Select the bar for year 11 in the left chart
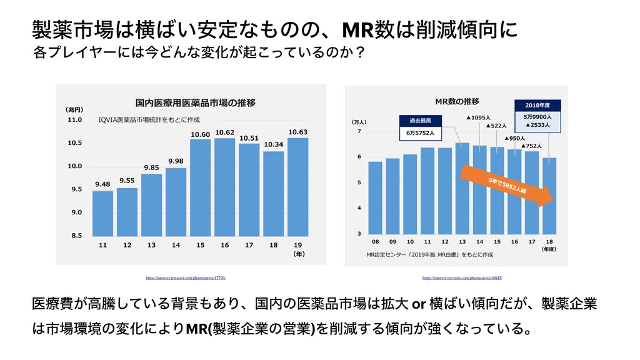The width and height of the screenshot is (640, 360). point(102,213)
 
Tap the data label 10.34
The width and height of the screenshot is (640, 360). point(273,144)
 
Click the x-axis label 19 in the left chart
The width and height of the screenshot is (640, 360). point(297,245)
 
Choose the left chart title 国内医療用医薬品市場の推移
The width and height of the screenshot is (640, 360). point(196,101)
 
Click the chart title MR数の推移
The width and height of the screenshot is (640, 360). point(457,101)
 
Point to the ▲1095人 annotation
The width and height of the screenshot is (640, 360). point(479,117)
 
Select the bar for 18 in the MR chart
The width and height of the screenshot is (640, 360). point(549,196)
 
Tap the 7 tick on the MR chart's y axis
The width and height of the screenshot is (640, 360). point(359,132)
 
